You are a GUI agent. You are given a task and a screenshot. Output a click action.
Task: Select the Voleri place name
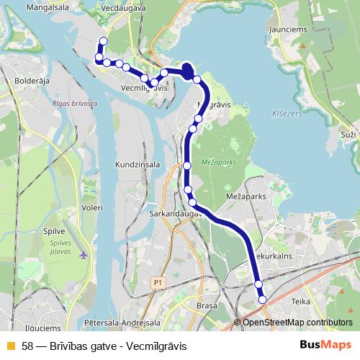pyautogui.click(x=92, y=207)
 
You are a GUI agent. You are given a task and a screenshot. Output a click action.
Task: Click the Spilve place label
pyautogui.click(x=55, y=232)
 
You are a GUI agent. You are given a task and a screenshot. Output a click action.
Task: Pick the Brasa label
pyautogui.click(x=206, y=306)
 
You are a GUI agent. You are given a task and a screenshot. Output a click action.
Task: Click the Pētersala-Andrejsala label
pyautogui.click(x=122, y=323)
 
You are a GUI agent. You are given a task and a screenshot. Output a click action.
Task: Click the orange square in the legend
pyautogui.click(x=10, y=346)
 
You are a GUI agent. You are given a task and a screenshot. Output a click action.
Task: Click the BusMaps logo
pyautogui.click(x=325, y=346)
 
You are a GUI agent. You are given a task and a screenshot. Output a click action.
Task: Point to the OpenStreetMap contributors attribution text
pyautogui.click(x=297, y=323)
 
